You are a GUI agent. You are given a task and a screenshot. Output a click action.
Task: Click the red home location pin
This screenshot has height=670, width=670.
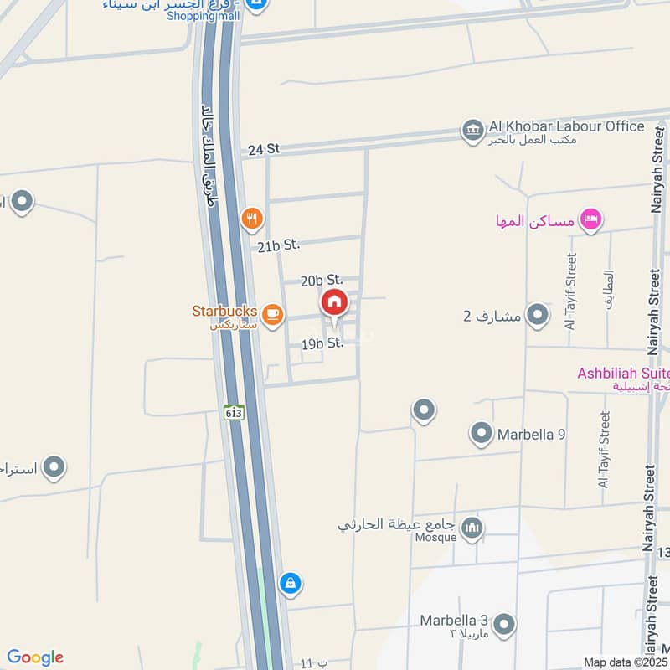point(333,303)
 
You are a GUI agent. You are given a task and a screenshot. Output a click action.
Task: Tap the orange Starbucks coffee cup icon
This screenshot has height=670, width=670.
point(271,313)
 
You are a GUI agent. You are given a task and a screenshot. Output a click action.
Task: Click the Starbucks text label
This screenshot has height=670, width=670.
point(224,311)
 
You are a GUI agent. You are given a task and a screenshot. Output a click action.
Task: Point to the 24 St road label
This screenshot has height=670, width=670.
point(263,149)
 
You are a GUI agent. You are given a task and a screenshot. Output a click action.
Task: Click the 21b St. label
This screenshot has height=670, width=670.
point(278,246)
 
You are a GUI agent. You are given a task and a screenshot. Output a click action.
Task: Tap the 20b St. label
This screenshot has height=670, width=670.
point(322,280)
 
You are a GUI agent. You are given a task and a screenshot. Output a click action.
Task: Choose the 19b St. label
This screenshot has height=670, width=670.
point(322,343)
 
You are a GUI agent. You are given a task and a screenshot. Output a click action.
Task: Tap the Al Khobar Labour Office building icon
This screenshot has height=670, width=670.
point(472,130)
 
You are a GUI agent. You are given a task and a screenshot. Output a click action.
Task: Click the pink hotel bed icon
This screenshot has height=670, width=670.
point(592,219)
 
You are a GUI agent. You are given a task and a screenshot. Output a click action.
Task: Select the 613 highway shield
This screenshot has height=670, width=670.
point(234,412)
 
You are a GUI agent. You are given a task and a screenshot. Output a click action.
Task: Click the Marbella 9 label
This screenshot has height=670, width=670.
point(532,435)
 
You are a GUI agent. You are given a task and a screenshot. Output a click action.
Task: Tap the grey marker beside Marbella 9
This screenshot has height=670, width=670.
point(481,434)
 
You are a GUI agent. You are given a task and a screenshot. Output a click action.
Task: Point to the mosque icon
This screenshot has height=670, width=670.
point(472,527)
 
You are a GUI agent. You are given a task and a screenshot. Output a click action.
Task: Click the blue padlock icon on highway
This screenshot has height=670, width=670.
point(290,583)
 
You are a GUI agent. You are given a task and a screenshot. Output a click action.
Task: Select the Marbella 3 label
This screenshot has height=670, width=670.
point(454,621)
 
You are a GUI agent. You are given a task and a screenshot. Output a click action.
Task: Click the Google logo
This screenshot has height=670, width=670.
point(35,657)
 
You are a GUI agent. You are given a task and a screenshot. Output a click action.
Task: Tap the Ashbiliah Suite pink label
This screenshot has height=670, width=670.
point(623,373)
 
